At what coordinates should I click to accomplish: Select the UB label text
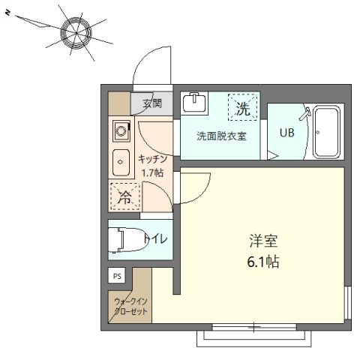[286, 134]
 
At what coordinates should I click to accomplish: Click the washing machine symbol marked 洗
[242, 108]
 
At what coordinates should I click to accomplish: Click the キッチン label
[156, 158]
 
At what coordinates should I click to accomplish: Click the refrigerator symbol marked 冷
[122, 197]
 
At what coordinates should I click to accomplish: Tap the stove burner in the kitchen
[121, 133]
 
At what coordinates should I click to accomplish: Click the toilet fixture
[121, 240]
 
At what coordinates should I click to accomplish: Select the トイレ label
[156, 239]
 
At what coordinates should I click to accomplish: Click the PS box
[117, 276]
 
